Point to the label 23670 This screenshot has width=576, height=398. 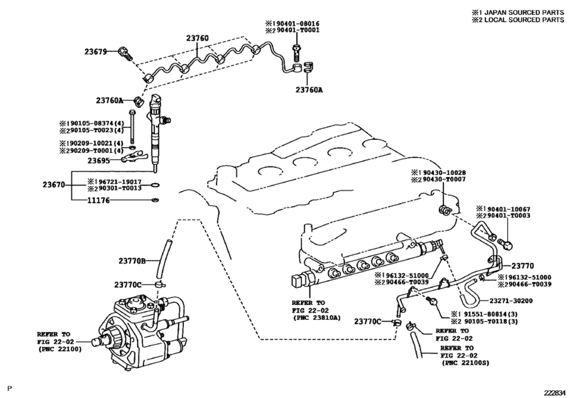pos(54,185)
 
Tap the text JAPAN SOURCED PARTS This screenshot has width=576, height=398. pos(531,12)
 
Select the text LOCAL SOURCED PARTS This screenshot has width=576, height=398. pos(531,20)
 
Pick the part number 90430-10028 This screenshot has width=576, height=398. pos(439,173)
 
